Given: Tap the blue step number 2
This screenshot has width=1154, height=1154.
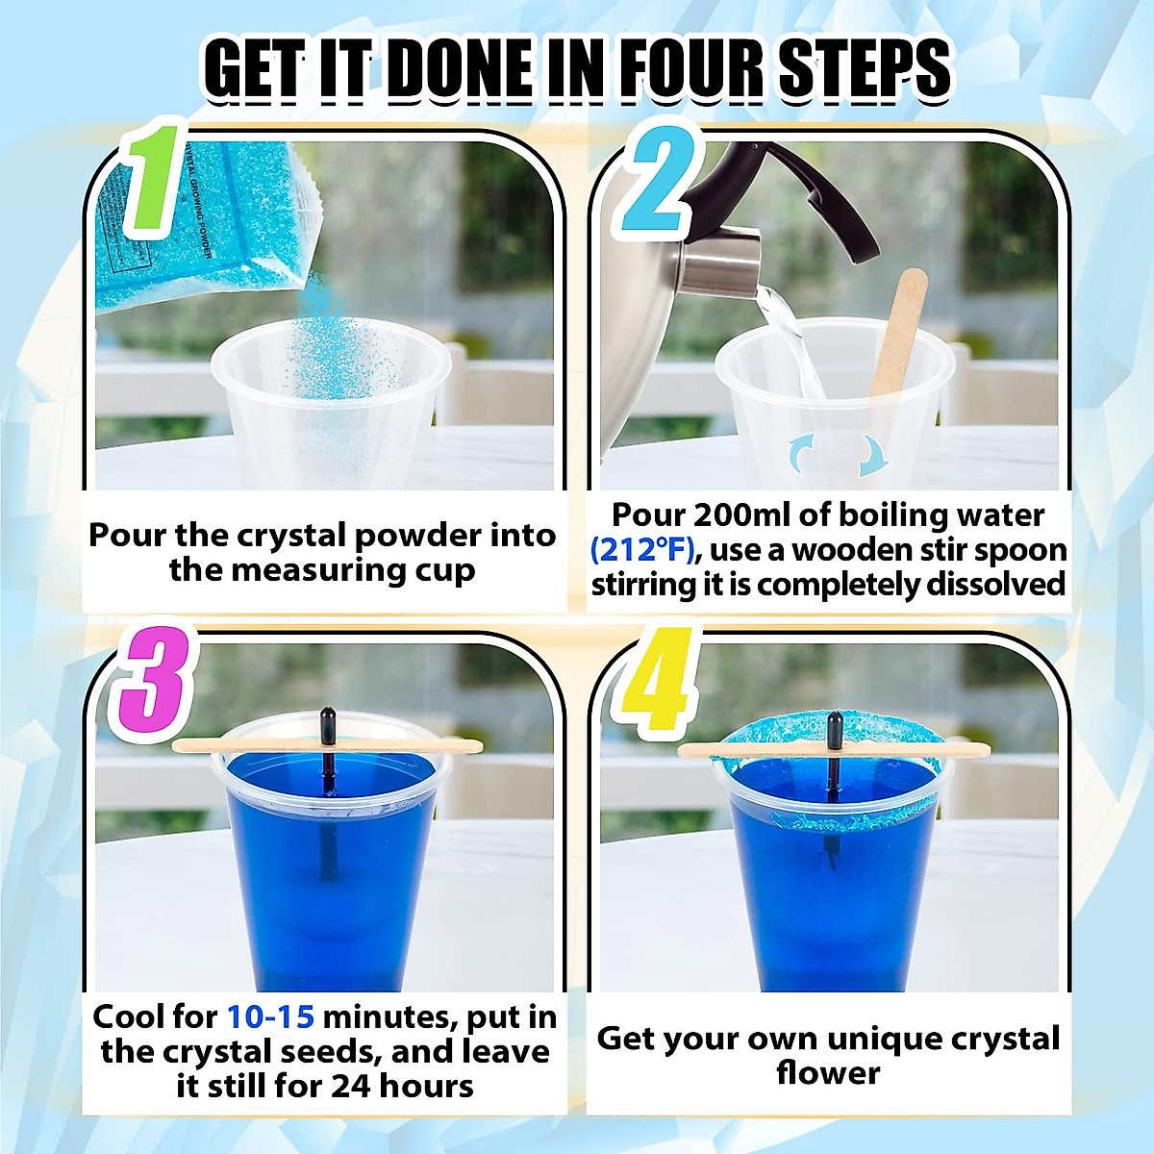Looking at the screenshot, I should [657, 183].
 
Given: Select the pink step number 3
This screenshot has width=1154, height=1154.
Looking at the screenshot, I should [154, 686].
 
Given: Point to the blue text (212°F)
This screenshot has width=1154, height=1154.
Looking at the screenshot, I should [641, 550].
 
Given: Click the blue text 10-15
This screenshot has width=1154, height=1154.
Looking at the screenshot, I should [270, 1016].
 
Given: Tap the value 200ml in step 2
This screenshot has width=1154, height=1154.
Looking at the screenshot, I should [742, 515].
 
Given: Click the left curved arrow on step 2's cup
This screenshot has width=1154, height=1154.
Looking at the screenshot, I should [800, 452].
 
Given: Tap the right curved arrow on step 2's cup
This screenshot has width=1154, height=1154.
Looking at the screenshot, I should [871, 454].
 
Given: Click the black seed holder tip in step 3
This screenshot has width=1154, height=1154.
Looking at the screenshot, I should [328, 721].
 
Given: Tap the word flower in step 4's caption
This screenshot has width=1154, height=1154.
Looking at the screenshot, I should [827, 1073].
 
